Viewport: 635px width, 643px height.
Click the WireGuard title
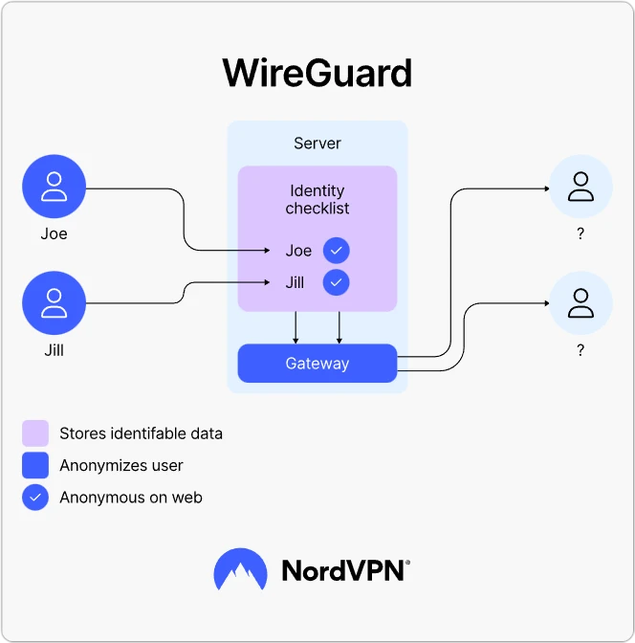(x=317, y=74)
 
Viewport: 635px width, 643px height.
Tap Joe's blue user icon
(x=55, y=187)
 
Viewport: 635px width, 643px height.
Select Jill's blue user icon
(x=55, y=303)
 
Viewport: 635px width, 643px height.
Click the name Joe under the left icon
(x=55, y=233)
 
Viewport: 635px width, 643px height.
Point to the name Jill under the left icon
(x=55, y=350)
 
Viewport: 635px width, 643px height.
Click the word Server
(x=317, y=144)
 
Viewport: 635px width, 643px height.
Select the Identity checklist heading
(x=317, y=199)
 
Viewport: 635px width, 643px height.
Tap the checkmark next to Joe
(x=336, y=251)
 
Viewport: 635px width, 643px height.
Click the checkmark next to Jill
(x=336, y=283)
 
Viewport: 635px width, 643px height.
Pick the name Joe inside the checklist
(x=298, y=251)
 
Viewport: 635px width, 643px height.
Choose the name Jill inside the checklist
(x=295, y=283)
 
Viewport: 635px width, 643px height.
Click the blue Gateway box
(x=317, y=364)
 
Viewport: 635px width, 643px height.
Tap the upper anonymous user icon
(x=580, y=187)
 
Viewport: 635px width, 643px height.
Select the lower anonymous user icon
(x=580, y=303)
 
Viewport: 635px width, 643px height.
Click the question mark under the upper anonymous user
(x=580, y=233)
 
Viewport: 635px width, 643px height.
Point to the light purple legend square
(x=35, y=433)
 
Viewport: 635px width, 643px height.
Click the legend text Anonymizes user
(x=121, y=466)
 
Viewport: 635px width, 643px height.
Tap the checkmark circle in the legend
(x=35, y=498)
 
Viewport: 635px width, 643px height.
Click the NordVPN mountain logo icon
(x=240, y=571)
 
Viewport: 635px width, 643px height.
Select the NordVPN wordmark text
(x=345, y=571)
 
